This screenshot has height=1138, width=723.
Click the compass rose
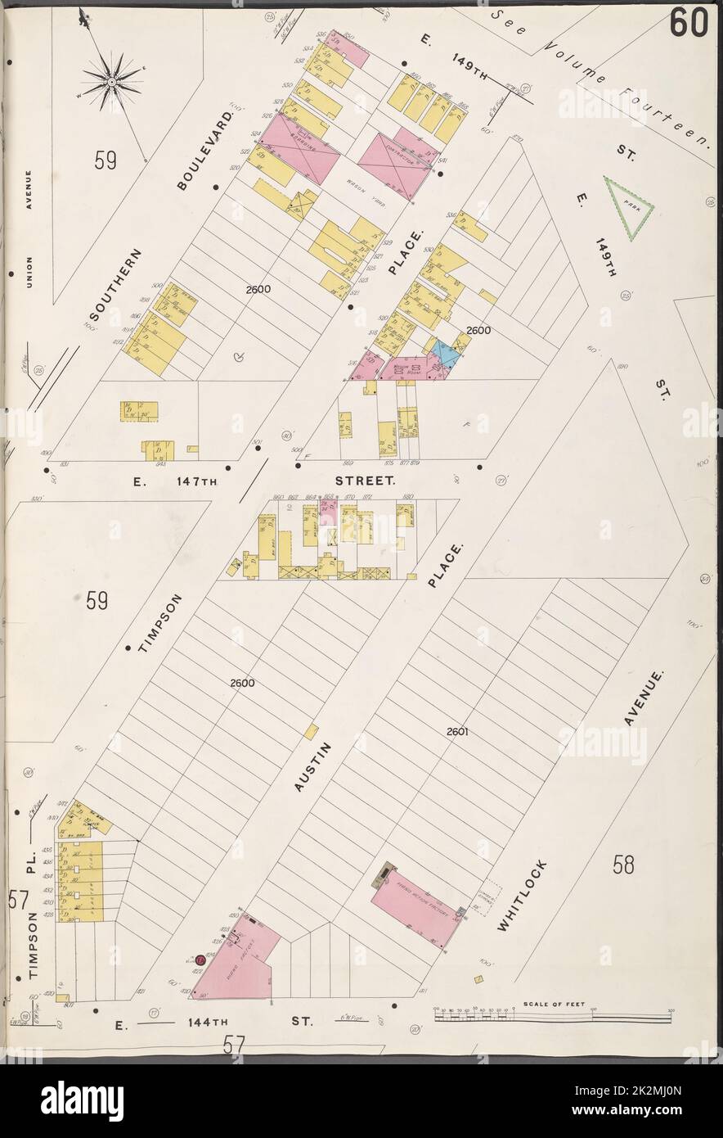(x=111, y=79)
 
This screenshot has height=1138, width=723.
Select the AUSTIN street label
(x=314, y=766)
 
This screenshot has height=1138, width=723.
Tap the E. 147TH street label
(x=177, y=482)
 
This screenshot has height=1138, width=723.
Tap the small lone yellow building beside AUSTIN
(x=311, y=729)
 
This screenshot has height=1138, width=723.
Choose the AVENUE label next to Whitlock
(x=640, y=697)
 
